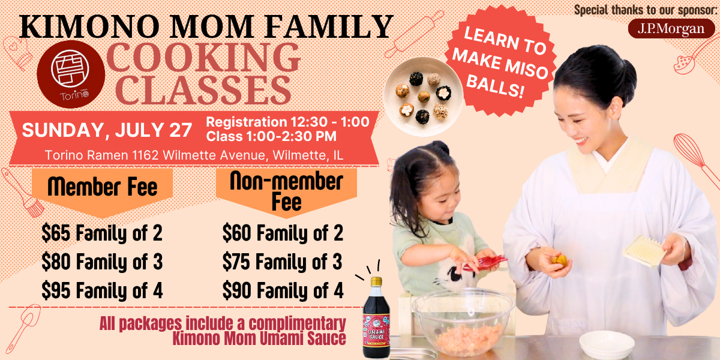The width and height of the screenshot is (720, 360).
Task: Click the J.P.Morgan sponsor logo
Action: pyautogui.click(x=671, y=29)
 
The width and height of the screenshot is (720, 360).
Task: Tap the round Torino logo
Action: pyautogui.click(x=71, y=74)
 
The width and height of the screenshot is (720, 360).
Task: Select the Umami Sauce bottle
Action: pyautogui.click(x=376, y=317)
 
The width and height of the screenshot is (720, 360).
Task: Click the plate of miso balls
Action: pyautogui.click(x=424, y=97)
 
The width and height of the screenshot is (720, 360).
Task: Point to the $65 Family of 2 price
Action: pyautogui.click(x=102, y=233)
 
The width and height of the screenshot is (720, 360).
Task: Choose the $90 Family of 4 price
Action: pyautogui.click(x=283, y=290)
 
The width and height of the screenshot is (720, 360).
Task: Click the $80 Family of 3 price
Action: pyautogui.click(x=102, y=262)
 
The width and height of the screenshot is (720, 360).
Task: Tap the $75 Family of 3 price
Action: pyautogui.click(x=282, y=262)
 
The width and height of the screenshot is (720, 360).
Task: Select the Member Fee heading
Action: pyautogui.click(x=103, y=187)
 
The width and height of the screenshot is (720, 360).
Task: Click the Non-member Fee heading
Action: pyautogui.click(x=286, y=191)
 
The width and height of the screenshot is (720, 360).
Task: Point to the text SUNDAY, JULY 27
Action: pyautogui.click(x=107, y=130)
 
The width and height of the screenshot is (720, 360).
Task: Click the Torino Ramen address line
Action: pyautogui.click(x=194, y=155)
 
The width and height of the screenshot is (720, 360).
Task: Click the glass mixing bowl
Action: pyautogui.click(x=463, y=322)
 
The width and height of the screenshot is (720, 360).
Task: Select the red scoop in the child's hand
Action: pyautogui.click(x=486, y=263)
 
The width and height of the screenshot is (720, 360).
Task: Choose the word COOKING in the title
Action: pyautogui.click(x=203, y=58)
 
